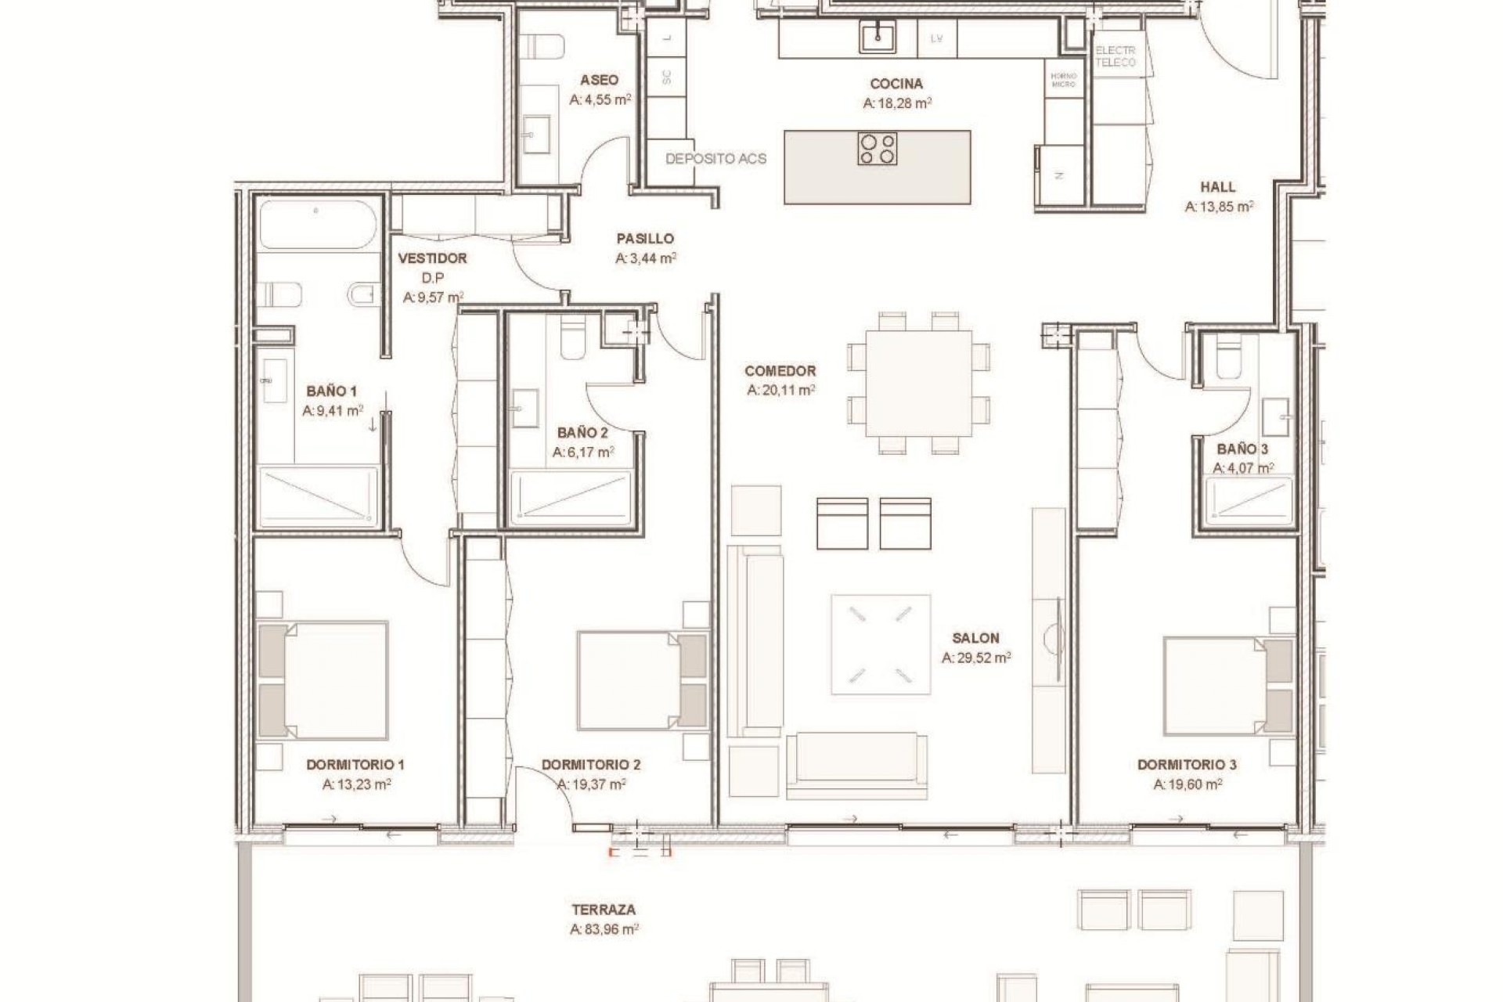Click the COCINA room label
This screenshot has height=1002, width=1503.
[x=896, y=84]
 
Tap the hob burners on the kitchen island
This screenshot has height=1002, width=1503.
[x=877, y=149]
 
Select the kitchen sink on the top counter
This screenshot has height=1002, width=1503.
[x=878, y=37]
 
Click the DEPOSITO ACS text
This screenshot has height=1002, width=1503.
[x=715, y=159]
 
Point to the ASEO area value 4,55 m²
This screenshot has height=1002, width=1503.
[x=600, y=100]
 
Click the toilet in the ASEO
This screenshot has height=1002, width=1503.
[x=542, y=47]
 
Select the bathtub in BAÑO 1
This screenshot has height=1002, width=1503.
[x=318, y=225]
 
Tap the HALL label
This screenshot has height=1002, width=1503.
[x=1218, y=187]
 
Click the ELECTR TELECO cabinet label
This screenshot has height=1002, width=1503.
[x=1115, y=56]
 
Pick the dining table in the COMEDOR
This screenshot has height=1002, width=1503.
[x=919, y=384]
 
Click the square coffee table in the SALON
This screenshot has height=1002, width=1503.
[x=881, y=644]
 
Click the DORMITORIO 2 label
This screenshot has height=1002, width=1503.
[x=591, y=765]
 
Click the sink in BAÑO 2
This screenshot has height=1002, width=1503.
[x=524, y=409]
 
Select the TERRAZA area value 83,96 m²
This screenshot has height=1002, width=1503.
[x=604, y=930]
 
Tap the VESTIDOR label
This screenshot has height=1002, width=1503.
[x=432, y=258]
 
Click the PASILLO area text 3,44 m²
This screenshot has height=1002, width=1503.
[x=646, y=258]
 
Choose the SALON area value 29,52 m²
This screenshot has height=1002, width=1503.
[x=975, y=658]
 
